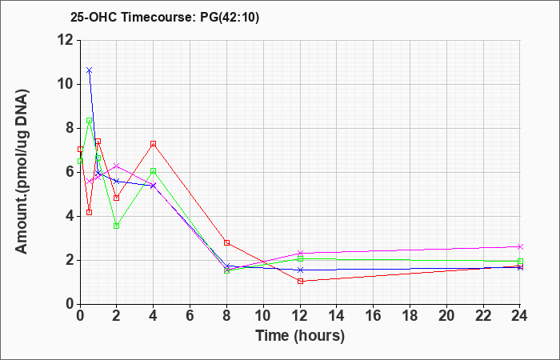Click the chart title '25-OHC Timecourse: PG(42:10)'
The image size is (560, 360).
(x=165, y=18)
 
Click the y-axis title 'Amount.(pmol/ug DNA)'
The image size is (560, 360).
(x=22, y=172)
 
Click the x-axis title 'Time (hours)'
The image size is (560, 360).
(x=300, y=336)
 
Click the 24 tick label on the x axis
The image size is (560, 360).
(x=520, y=315)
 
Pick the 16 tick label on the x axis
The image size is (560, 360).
(x=374, y=315)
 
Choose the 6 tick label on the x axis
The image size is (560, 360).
(x=190, y=315)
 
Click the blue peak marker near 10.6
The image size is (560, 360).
(x=90, y=70)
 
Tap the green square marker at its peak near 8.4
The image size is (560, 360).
(x=90, y=121)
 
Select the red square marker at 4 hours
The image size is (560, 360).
(x=154, y=144)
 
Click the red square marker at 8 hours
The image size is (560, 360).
(x=226, y=243)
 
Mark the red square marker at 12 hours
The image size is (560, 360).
(x=300, y=282)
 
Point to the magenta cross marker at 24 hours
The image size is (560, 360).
(x=520, y=246)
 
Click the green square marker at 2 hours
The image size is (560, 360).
(x=117, y=226)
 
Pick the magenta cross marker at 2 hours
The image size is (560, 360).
(x=117, y=166)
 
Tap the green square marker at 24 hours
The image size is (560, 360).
(x=520, y=262)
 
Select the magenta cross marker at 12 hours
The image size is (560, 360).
(x=300, y=254)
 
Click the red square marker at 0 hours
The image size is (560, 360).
(x=80, y=150)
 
